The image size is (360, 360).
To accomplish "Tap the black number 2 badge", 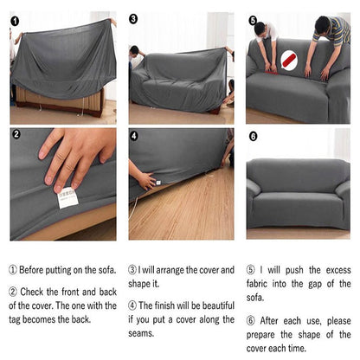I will click(16, 135).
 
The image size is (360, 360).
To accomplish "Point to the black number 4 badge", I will click(133, 135).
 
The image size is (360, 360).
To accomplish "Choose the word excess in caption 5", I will click(333, 270).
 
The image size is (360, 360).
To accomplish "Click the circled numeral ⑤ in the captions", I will click(251, 270).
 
